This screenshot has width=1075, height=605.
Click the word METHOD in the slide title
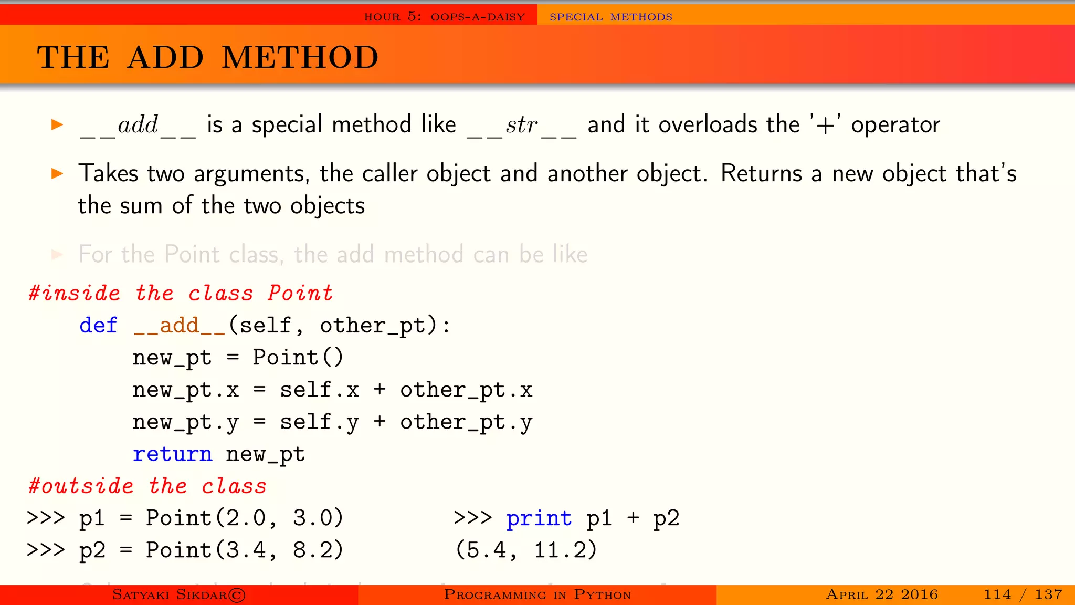(x=300, y=57)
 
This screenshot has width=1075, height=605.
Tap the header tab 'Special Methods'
(x=610, y=17)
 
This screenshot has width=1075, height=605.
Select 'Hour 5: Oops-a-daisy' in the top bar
(x=444, y=17)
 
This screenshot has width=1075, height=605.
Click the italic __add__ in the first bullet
(x=138, y=126)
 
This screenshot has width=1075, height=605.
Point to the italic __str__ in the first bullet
(x=522, y=126)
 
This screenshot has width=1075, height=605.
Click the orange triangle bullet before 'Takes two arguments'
(x=57, y=173)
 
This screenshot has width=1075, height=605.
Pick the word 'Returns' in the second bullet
(x=761, y=173)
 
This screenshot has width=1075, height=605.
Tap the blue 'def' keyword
(x=98, y=326)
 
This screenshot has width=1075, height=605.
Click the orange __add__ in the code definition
(x=180, y=326)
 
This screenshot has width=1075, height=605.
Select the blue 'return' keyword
(x=172, y=454)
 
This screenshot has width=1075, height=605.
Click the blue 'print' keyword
(x=539, y=519)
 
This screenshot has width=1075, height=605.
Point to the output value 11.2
(x=565, y=550)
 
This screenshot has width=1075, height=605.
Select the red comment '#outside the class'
(x=147, y=486)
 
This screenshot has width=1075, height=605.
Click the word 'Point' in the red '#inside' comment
(x=300, y=293)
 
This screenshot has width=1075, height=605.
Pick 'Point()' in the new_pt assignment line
(x=298, y=358)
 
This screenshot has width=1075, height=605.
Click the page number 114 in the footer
(x=997, y=594)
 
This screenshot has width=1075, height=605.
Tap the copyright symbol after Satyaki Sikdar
(x=237, y=595)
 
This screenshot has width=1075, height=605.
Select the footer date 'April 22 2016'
(x=882, y=594)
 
